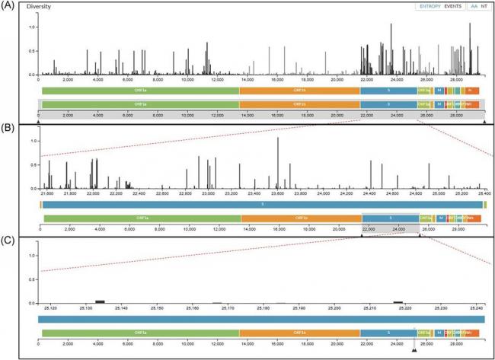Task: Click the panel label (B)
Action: click(x=8, y=129)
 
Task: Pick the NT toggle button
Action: click(x=485, y=7)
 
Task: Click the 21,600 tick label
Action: click(x=47, y=195)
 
